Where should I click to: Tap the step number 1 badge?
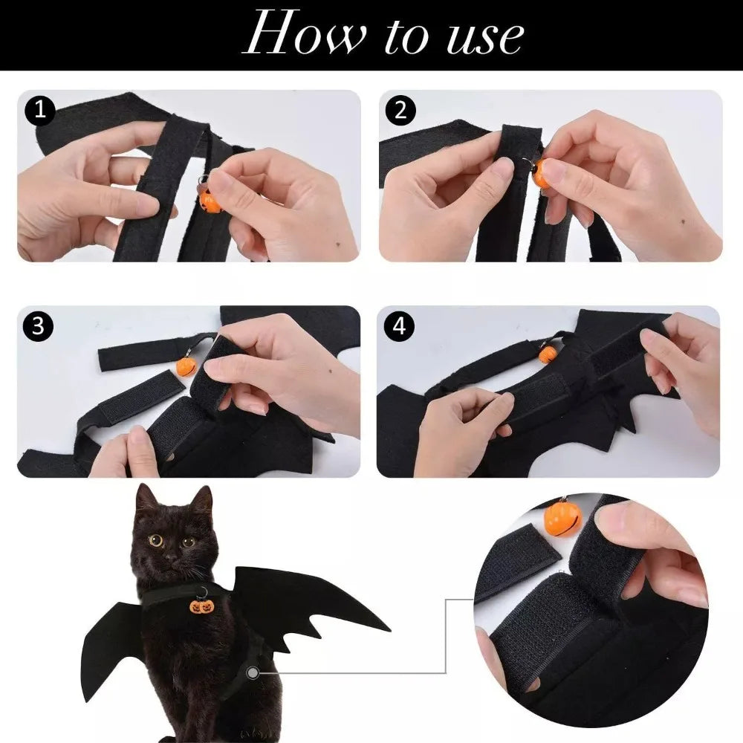tap(39, 111)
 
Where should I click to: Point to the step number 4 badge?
tap(399, 327)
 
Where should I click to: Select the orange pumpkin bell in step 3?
tap(186, 366)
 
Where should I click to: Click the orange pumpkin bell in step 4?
tap(548, 354)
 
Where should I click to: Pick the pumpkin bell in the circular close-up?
tap(562, 520)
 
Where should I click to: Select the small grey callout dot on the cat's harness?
tap(255, 672)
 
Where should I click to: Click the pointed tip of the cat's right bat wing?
tap(388, 631)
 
